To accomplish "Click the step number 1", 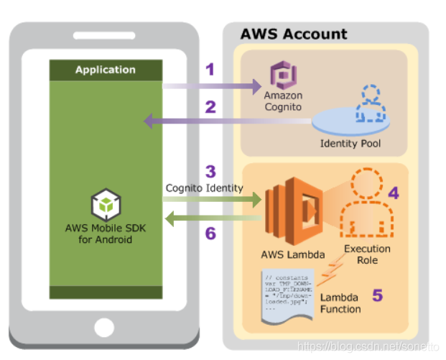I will pyautogui.click(x=210, y=70).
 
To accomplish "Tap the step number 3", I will pyautogui.click(x=210, y=171).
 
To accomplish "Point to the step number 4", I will pyautogui.click(x=393, y=193).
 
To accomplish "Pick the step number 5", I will pyautogui.click(x=376, y=294).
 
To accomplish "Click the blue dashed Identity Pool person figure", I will pyautogui.click(x=371, y=103).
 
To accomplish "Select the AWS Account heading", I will pyautogui.click(x=293, y=34).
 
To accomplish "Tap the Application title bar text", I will pyautogui.click(x=105, y=70).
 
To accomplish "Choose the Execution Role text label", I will pyautogui.click(x=366, y=254).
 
